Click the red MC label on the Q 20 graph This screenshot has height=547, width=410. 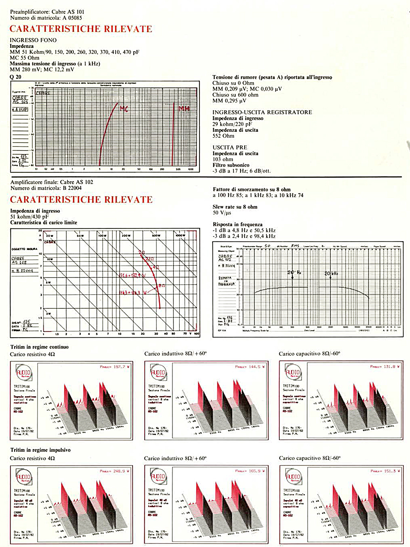pos(124,109)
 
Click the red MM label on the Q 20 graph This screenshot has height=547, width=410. pos(184,109)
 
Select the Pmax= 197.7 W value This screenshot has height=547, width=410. pos(115,367)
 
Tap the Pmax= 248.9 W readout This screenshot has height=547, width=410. pos(115,471)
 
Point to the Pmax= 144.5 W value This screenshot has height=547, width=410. pos(250,367)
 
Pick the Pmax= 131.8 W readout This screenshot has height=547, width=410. pos(385,367)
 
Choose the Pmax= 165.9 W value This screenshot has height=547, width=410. pos(250,471)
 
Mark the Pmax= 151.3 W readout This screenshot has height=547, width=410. pos(385,471)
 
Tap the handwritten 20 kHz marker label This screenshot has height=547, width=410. pos(331,273)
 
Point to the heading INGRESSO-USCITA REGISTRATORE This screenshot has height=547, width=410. pos(262,112)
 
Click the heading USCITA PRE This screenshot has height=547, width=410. pos(230,148)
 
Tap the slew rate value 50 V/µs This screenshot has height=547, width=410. pos(222,213)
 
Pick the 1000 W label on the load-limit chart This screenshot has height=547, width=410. pos(180,236)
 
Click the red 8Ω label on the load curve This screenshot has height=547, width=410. pos(161,285)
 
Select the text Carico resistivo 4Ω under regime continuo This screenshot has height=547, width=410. pos(32,354)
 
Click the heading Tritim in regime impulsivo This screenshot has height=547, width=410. pos(40,450)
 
